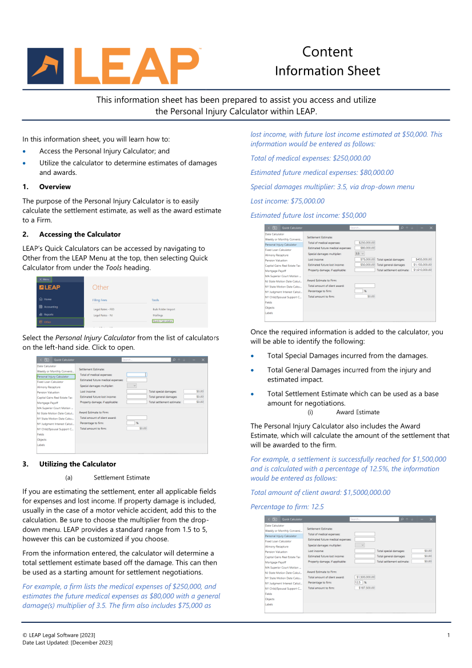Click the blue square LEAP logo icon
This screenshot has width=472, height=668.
[49, 66]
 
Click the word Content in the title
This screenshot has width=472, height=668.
[327, 52]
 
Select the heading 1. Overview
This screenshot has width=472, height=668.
[47, 187]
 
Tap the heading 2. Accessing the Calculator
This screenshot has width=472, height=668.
[71, 234]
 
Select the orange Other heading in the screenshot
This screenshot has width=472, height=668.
[101, 287]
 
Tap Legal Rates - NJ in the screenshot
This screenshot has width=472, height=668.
[104, 315]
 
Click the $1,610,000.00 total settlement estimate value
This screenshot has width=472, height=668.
[422, 270]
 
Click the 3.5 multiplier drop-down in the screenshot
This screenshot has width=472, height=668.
[359, 254]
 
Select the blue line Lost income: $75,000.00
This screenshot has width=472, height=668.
[287, 201]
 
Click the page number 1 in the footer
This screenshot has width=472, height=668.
[449, 635]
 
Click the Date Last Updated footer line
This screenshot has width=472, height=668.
[67, 643]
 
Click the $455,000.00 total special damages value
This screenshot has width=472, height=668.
[422, 259]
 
